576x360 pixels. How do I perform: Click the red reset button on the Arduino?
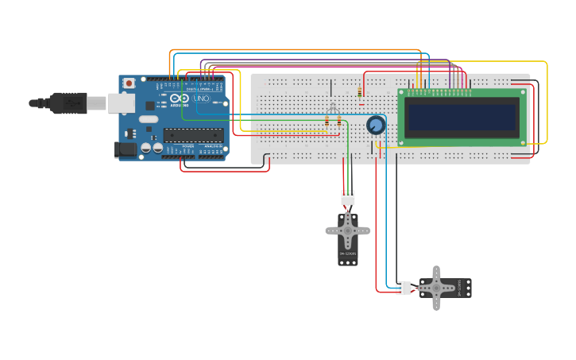tap(129, 83)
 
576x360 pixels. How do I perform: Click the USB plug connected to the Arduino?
tap(68, 103)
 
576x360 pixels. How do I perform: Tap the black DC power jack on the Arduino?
tap(124, 149)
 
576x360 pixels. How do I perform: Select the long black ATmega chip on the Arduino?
tap(193, 135)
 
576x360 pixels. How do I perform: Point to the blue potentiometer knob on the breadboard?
tap(376, 125)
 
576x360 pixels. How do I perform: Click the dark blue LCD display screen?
tap(461, 118)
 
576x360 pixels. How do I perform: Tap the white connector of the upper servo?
tap(348, 197)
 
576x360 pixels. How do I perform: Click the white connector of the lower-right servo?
tap(404, 288)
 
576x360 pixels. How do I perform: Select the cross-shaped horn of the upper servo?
tap(348, 230)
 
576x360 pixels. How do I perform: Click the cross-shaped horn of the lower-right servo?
tap(436, 288)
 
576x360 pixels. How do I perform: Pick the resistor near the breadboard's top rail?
tap(360, 93)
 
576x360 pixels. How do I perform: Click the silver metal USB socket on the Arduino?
tap(121, 103)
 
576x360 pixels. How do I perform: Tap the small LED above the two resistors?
tap(333, 107)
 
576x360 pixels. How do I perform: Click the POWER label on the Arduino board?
tap(188, 146)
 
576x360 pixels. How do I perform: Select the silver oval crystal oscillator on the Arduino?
tap(149, 120)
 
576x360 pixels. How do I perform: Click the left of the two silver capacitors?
tap(146, 148)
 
